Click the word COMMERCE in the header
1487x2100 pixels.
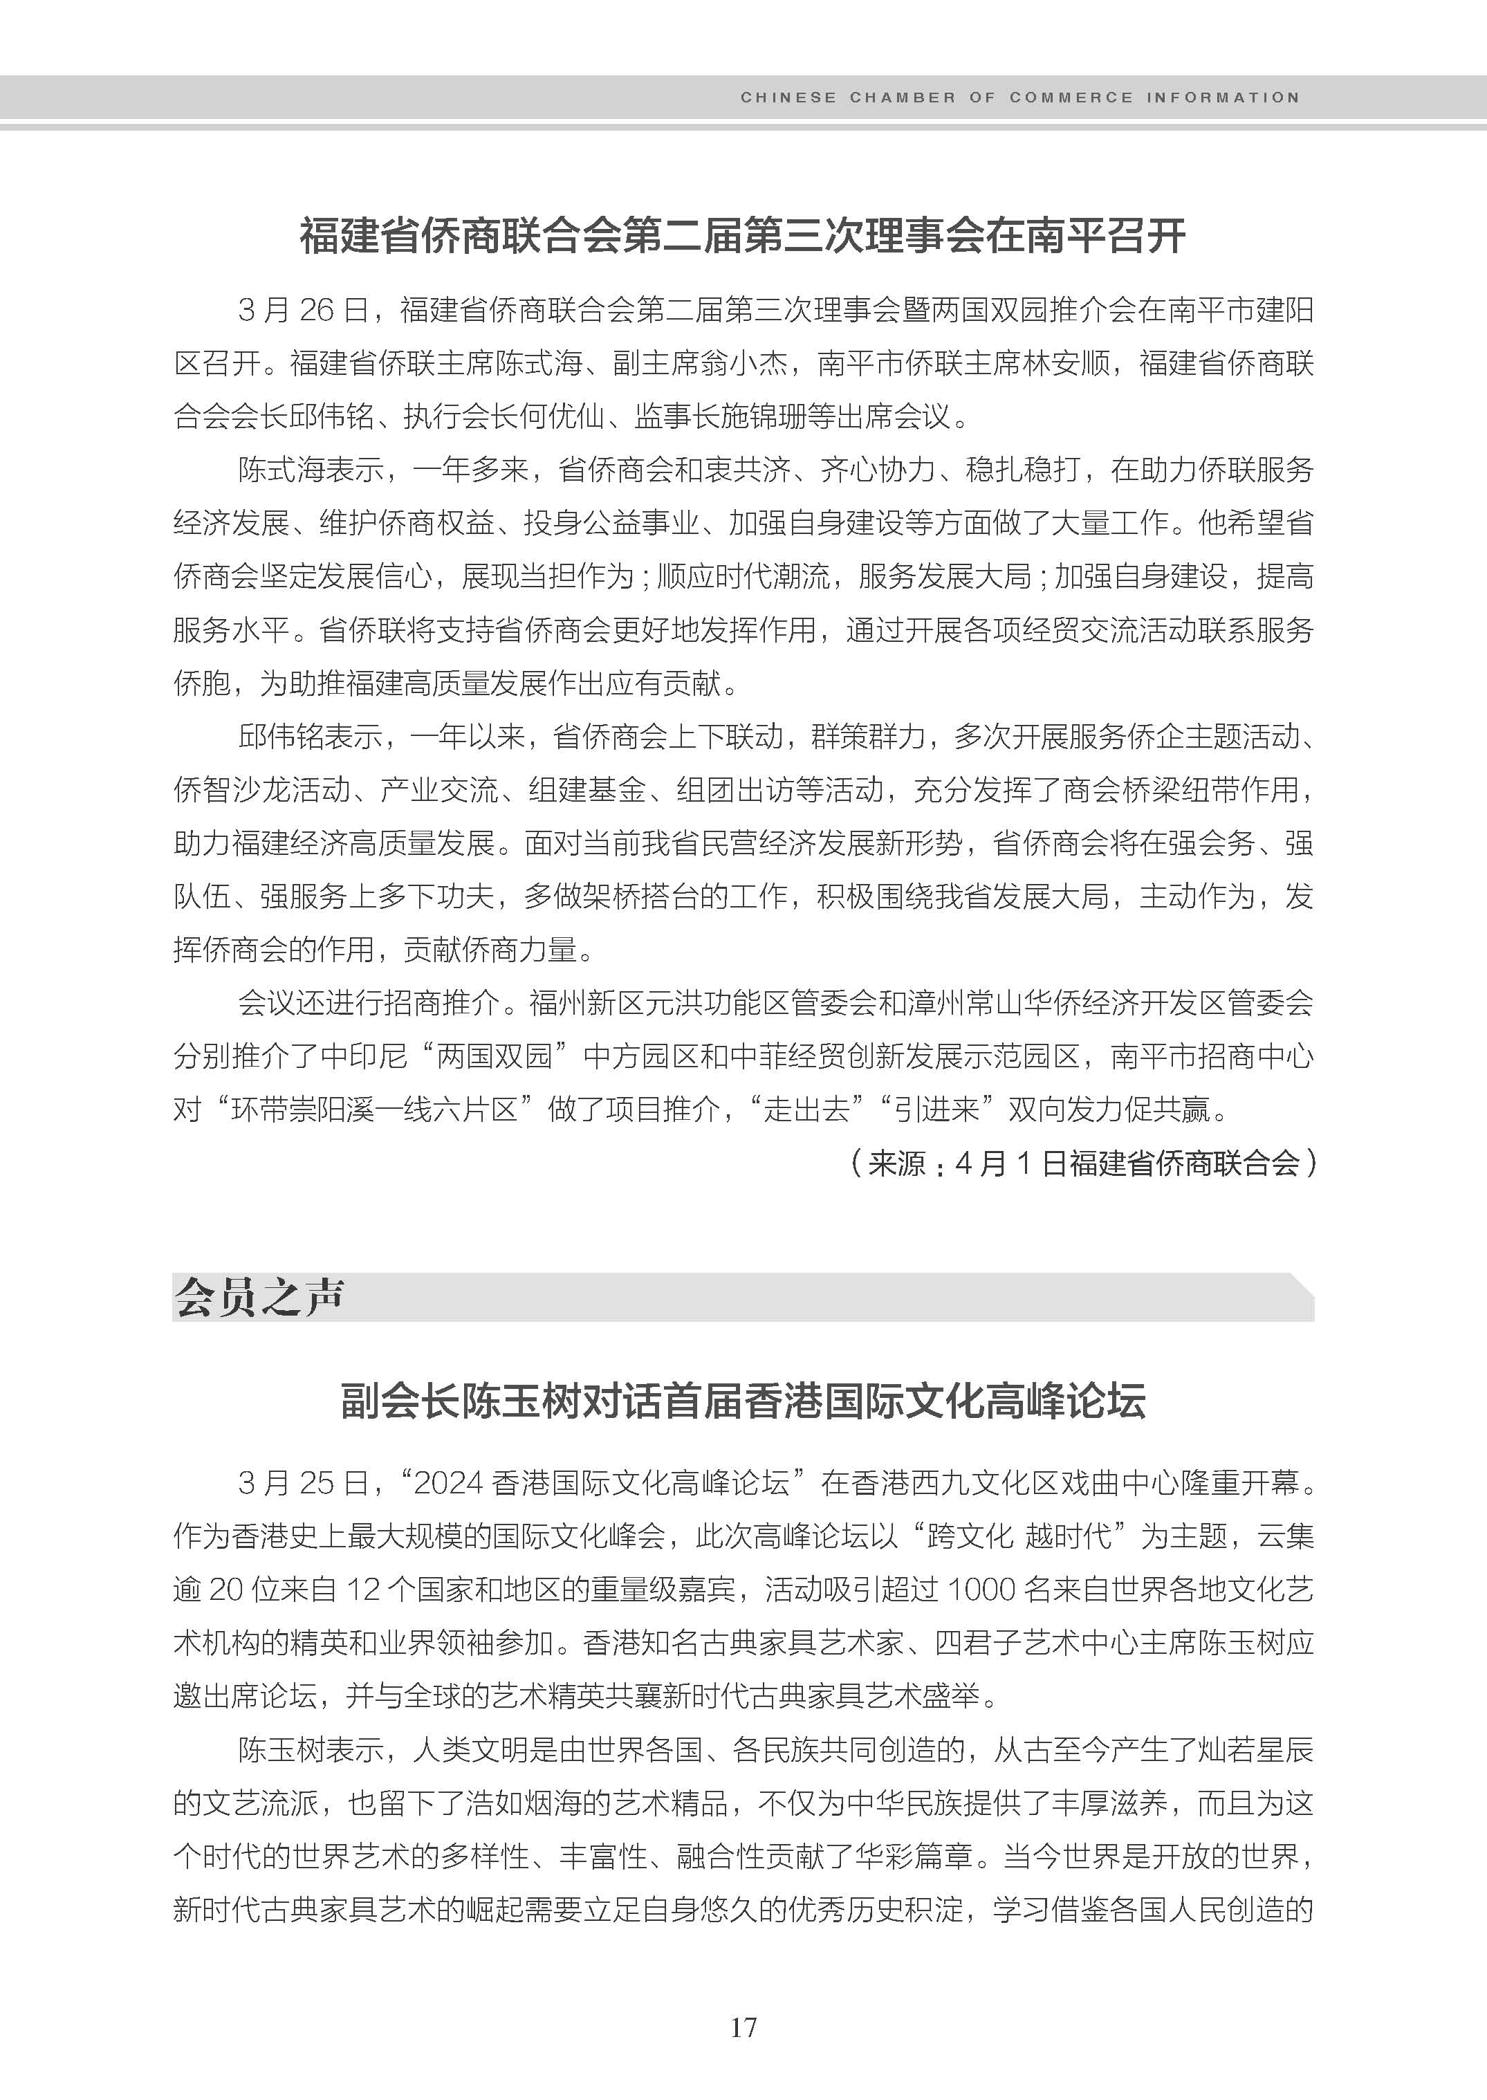[x=1071, y=97]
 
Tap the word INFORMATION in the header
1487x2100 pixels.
[x=1221, y=97]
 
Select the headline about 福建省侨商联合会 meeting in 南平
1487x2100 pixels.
[x=743, y=237]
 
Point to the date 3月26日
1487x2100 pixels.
[x=302, y=311]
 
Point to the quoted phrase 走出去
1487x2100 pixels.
[x=806, y=1110]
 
